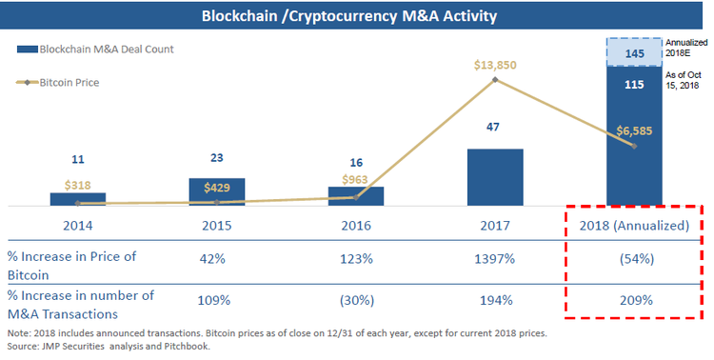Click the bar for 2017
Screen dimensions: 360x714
point(495,176)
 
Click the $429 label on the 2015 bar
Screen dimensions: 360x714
point(217,187)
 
